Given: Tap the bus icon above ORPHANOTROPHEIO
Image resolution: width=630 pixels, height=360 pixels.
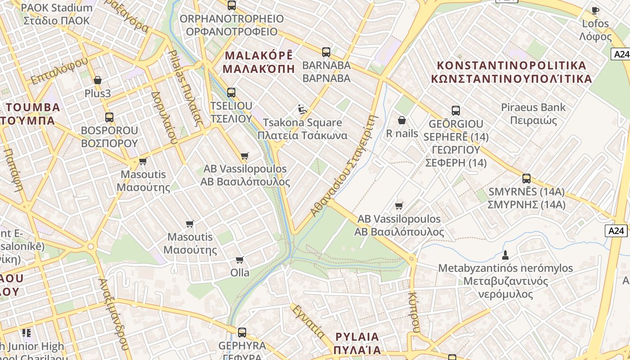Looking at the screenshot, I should pos(231,5).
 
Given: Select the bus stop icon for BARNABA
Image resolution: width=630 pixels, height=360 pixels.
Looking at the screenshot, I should pos(326,52).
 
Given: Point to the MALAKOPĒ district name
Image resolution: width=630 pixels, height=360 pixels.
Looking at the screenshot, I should pos(259,62).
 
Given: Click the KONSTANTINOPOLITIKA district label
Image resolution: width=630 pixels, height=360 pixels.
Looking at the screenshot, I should pos(512,72).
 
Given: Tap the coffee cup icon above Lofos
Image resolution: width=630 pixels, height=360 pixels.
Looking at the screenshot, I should pos(595,10).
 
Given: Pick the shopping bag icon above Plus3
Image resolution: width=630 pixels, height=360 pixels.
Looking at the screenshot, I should pos(98,81).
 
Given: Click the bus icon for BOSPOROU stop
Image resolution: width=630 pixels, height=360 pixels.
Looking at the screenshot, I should pos(109,117).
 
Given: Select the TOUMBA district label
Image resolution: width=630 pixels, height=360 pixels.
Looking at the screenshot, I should pos(31,113).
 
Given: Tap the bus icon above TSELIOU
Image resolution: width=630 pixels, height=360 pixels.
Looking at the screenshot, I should pos(231,93).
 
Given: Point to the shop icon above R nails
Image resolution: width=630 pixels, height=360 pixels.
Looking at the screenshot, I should pos(402,121).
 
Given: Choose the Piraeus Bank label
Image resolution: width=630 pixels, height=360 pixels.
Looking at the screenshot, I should pos(533,113).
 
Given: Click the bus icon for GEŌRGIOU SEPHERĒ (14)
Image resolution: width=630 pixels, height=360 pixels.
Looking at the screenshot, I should pos(456,111).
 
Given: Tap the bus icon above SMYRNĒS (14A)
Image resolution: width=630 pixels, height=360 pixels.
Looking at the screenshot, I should pos(526,179).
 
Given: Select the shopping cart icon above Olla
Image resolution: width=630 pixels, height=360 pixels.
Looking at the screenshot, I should pos(240,260).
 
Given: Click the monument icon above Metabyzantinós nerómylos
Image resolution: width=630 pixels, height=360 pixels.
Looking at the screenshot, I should pos(505,255).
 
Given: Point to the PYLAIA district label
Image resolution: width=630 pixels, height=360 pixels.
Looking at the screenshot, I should pos(357,343).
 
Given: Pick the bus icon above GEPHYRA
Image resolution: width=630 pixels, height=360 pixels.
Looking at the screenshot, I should pos(242,333).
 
